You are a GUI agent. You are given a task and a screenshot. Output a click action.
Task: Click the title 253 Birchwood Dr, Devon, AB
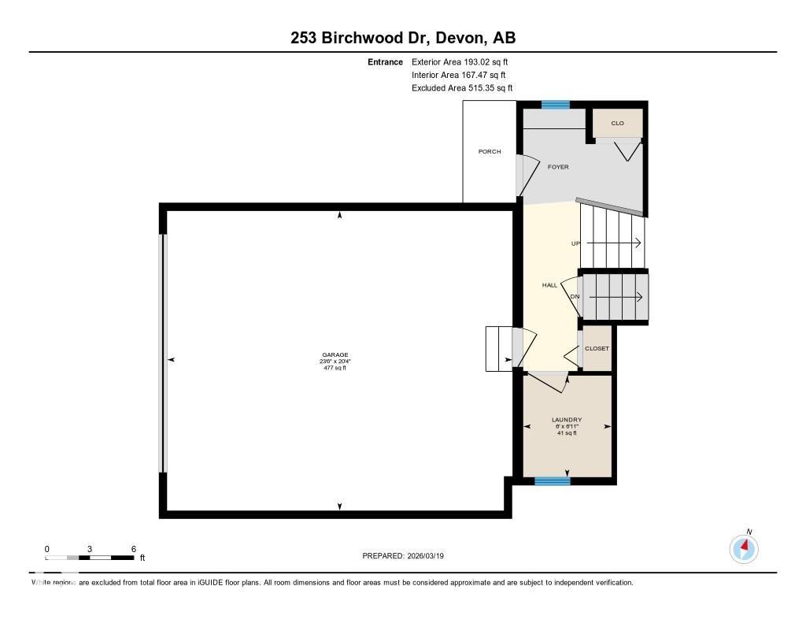pyautogui.click(x=402, y=38)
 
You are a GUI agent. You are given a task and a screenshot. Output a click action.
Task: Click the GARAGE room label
pyautogui.click(x=335, y=355)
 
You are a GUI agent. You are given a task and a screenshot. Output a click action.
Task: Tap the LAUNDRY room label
pyautogui.click(x=567, y=420)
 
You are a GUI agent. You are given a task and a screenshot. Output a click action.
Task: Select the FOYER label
pyautogui.click(x=558, y=167)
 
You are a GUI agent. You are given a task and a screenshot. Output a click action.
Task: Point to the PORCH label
pyautogui.click(x=489, y=151)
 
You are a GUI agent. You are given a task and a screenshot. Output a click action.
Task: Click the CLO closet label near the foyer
pyautogui.click(x=617, y=124)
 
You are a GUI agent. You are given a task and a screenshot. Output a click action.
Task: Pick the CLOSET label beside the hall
pyautogui.click(x=596, y=348)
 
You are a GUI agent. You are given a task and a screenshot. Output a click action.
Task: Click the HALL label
pyautogui.click(x=549, y=285)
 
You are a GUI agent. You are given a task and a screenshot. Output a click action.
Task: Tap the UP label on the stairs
pyautogui.click(x=575, y=244)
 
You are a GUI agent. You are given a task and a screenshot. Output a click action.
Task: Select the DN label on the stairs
pyautogui.click(x=575, y=297)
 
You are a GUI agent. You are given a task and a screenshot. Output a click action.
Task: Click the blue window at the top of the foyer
pyautogui.click(x=555, y=105)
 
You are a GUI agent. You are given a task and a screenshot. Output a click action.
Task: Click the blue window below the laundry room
pyautogui.click(x=552, y=480)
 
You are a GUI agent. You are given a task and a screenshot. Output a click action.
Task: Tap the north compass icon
pyautogui.click(x=744, y=547)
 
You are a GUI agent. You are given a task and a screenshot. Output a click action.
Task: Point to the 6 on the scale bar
pyautogui.click(x=134, y=548)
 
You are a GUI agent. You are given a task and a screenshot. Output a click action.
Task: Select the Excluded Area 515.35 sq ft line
pyautogui.click(x=467, y=88)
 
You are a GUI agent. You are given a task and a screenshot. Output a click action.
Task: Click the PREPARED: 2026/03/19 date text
pyautogui.click(x=408, y=555)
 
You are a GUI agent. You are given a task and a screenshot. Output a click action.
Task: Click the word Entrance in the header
pyautogui.click(x=385, y=61)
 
